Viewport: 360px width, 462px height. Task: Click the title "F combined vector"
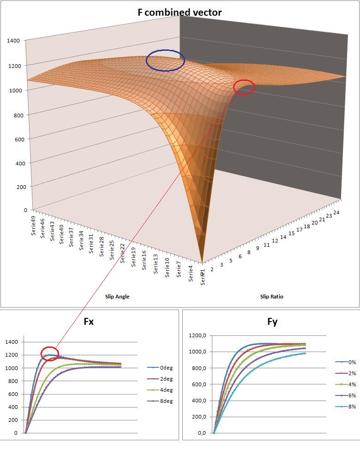[180, 12]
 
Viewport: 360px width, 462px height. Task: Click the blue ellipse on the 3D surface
[165, 60]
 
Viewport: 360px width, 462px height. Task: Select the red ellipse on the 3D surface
[244, 87]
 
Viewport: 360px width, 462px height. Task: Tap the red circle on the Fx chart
[50, 354]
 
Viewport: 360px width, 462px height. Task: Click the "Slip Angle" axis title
[117, 297]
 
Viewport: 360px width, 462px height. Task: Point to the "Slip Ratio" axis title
[272, 297]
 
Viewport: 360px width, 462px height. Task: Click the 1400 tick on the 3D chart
[13, 41]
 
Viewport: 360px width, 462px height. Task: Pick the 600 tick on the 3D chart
[15, 139]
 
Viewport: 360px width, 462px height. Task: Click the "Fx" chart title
[89, 322]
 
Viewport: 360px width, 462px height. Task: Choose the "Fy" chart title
[272, 322]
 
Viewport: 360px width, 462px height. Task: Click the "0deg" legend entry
[166, 368]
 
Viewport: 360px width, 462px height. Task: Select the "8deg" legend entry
[166, 401]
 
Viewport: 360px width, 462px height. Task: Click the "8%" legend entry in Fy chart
[352, 407]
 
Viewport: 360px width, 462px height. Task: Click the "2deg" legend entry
[166, 379]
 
